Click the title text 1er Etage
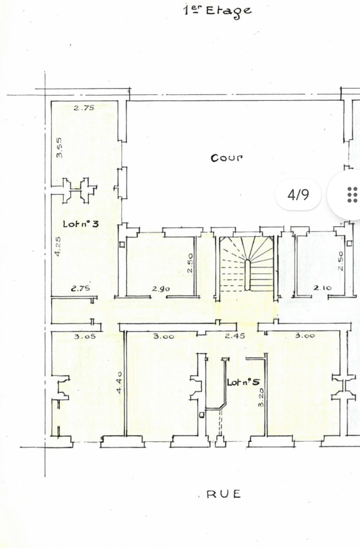[217, 10]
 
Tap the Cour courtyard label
[226, 157]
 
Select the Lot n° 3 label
[80, 224]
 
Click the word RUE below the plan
[223, 494]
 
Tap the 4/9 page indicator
[298, 194]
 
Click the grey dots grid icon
[352, 194]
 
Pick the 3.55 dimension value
[59, 147]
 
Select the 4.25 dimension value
[58, 246]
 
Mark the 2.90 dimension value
[160, 289]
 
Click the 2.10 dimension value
[322, 288]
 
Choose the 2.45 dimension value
[235, 336]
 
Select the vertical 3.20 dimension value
[260, 397]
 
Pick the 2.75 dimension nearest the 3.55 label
[84, 108]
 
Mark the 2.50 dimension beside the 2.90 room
[189, 263]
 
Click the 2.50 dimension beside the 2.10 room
[341, 260]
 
